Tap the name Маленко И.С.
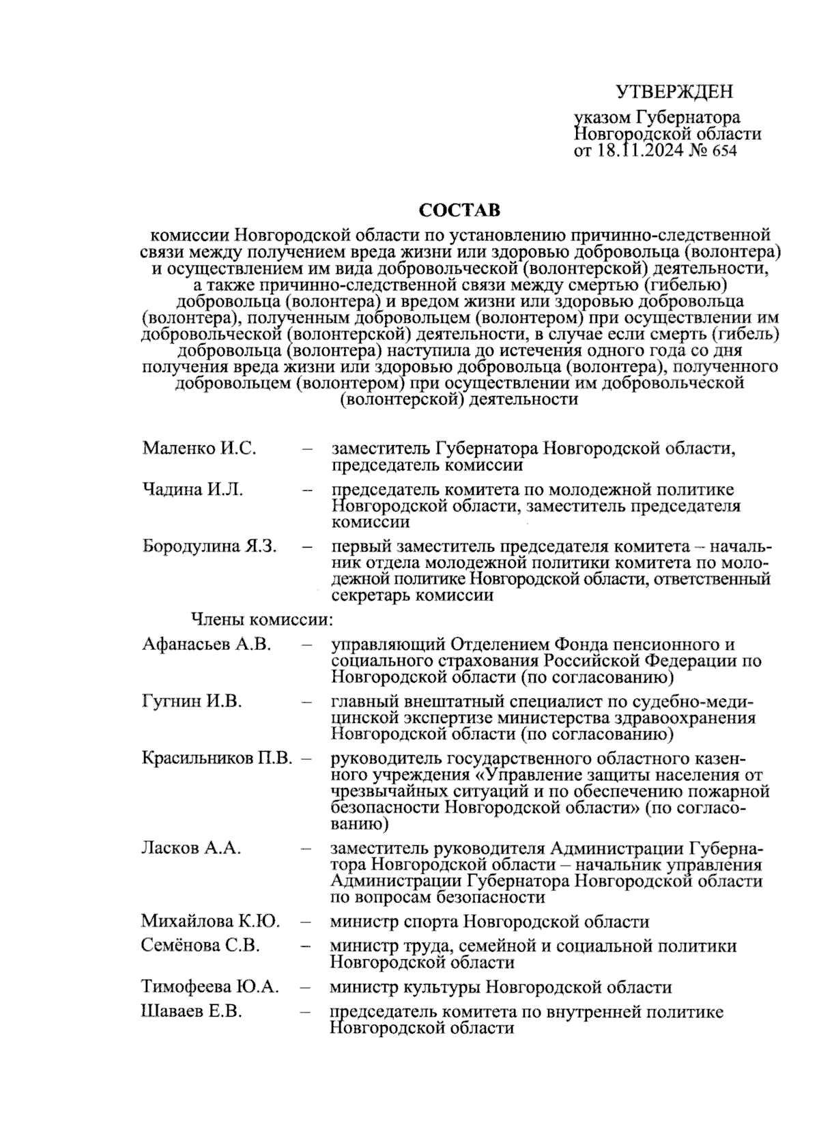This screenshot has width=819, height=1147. point(199,449)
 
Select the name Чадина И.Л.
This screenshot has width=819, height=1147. point(192,490)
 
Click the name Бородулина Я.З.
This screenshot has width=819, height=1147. point(210,547)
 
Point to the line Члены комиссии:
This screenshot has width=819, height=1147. point(261,620)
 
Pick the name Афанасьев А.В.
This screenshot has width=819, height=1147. point(207,645)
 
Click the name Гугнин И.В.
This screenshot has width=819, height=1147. point(192,702)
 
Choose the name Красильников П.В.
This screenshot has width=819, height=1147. point(217,759)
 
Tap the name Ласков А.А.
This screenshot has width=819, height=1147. point(191,849)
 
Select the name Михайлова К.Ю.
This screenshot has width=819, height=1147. point(210,922)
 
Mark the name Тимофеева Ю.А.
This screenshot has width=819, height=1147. point(210,987)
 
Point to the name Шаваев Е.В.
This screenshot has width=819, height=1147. point(192,1012)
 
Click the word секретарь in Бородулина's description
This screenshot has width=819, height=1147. point(371,595)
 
